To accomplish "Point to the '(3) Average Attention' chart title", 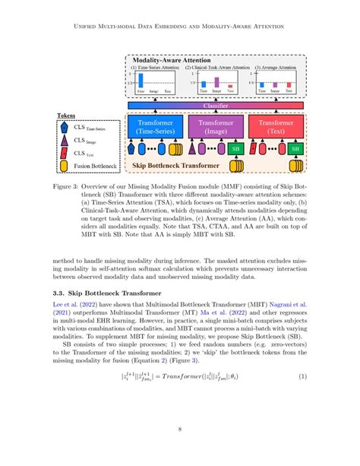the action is click(276, 68).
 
